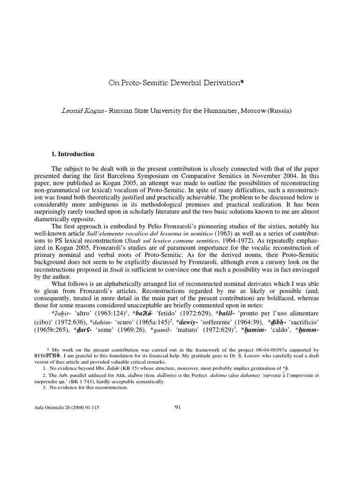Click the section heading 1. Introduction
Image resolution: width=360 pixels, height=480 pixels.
[73, 154]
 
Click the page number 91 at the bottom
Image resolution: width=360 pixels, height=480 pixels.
[177, 407]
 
